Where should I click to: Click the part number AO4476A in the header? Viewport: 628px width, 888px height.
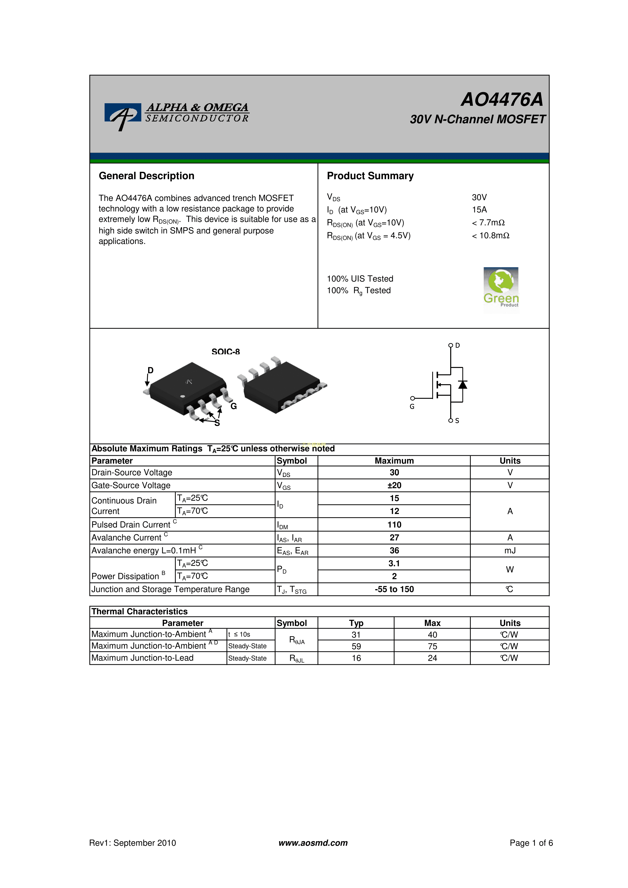click(x=502, y=99)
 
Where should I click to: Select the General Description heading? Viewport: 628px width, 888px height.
click(x=146, y=176)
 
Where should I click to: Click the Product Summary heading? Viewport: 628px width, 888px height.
click(x=370, y=176)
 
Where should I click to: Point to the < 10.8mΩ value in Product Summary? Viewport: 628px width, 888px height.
click(x=491, y=236)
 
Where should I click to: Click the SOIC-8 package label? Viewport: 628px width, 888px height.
click(x=226, y=352)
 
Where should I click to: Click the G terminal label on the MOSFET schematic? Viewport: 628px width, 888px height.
click(x=412, y=406)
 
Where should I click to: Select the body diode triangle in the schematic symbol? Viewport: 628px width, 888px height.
click(x=462, y=384)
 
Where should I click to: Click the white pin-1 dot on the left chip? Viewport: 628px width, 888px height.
click(x=183, y=396)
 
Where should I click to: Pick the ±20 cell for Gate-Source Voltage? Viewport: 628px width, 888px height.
click(x=394, y=485)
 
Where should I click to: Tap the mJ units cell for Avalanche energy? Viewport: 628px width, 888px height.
click(x=510, y=551)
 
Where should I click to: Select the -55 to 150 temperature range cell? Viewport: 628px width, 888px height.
click(x=394, y=589)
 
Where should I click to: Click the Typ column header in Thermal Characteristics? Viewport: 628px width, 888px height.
click(x=356, y=623)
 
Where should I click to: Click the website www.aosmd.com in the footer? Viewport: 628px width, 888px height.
click(x=313, y=843)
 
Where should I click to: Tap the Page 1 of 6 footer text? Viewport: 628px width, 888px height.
click(x=531, y=843)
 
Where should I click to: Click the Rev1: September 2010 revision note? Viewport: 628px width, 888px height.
click(x=133, y=843)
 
